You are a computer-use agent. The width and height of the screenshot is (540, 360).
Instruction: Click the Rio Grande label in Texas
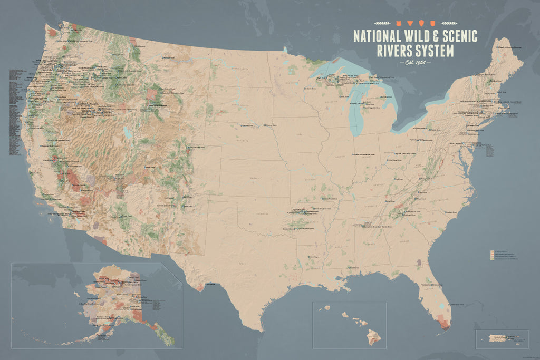(210, 285)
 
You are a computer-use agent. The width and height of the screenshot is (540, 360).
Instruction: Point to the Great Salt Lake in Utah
(127, 132)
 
